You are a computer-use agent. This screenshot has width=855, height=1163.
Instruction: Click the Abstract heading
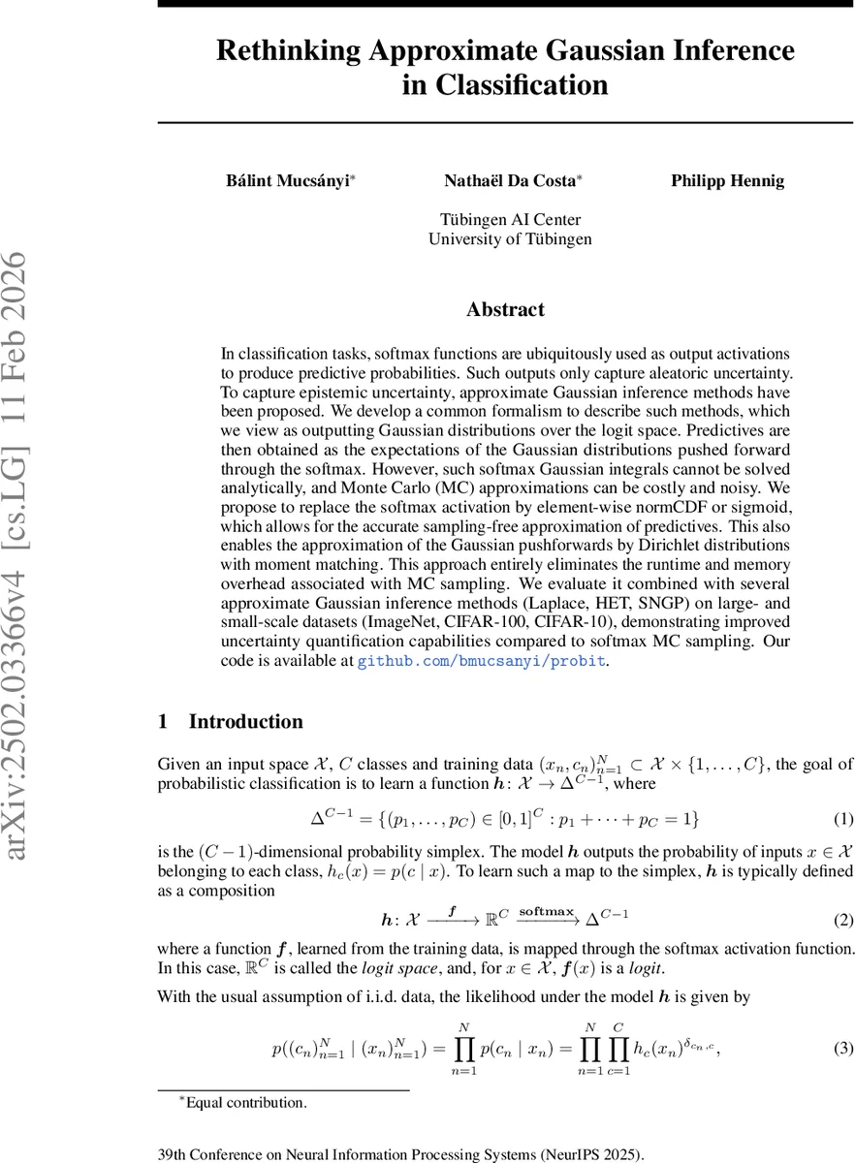tap(505, 310)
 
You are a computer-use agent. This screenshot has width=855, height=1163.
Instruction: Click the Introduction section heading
tap(245, 722)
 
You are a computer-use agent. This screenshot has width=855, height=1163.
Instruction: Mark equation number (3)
tap(843, 1048)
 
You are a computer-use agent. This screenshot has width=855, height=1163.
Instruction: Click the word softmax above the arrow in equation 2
tap(547, 910)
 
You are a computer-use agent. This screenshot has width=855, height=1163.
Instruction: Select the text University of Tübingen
tap(510, 238)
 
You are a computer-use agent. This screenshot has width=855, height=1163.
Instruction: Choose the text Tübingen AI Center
tap(510, 219)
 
